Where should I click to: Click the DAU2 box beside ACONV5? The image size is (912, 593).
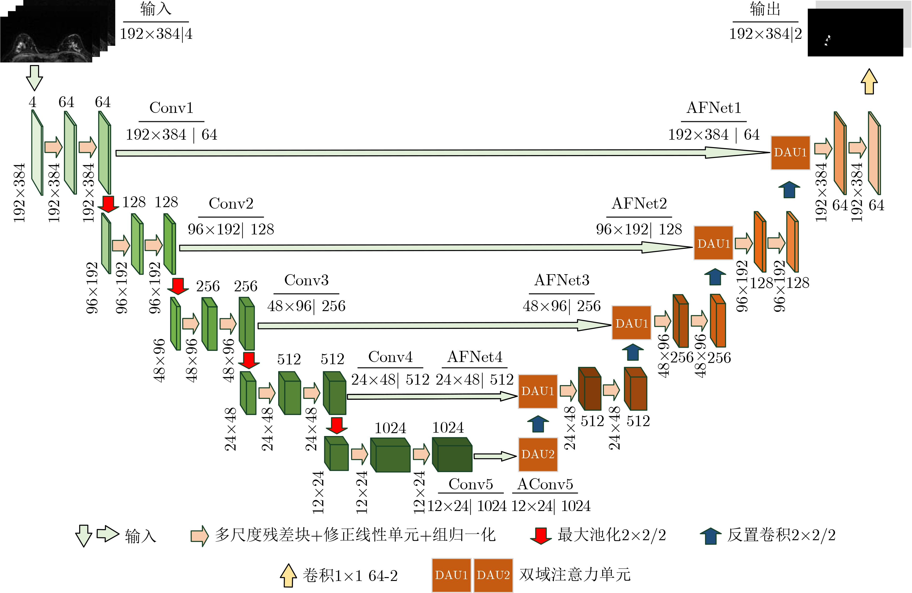pos(538,454)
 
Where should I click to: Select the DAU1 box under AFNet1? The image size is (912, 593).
pos(790,152)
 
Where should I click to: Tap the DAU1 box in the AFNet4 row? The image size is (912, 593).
pos(538,391)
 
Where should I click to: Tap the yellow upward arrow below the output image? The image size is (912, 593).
pos(869,81)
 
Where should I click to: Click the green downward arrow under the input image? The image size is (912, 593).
pos(34,77)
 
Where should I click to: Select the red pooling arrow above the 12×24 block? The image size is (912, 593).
pos(336,425)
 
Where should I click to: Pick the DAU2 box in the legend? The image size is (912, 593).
pos(493,575)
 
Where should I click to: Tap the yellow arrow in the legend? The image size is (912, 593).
pos(288,575)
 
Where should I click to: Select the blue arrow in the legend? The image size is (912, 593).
pos(711,536)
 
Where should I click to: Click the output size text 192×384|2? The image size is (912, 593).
pos(765,34)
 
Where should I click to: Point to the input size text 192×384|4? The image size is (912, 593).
pos(156,34)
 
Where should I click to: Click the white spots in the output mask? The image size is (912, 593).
pos(828,40)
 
